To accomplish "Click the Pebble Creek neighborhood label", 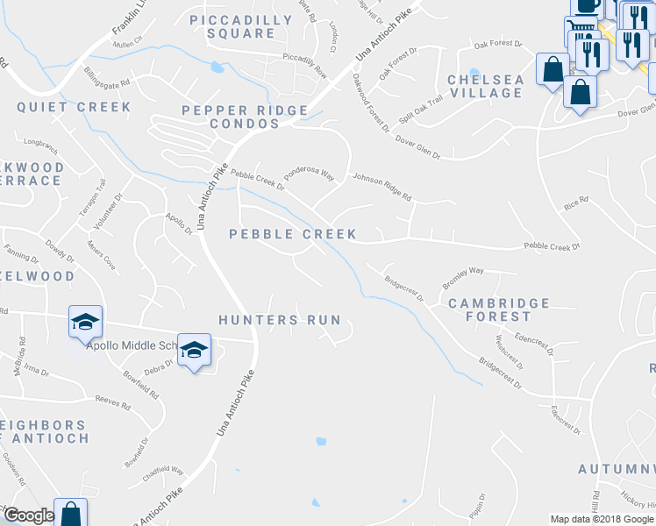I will click(x=293, y=234).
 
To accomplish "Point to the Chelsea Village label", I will click(x=485, y=86).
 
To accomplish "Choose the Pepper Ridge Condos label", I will click(x=245, y=117).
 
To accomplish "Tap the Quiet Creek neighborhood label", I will click(x=74, y=107).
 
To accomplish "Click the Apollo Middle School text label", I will click(x=132, y=345).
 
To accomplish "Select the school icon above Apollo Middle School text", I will click(x=86, y=322).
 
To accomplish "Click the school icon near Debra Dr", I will click(x=194, y=351).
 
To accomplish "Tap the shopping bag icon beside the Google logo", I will click(x=70, y=513).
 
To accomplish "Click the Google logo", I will click(x=28, y=515).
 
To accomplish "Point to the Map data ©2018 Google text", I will click(x=601, y=518).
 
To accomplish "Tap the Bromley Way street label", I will click(x=463, y=279).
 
